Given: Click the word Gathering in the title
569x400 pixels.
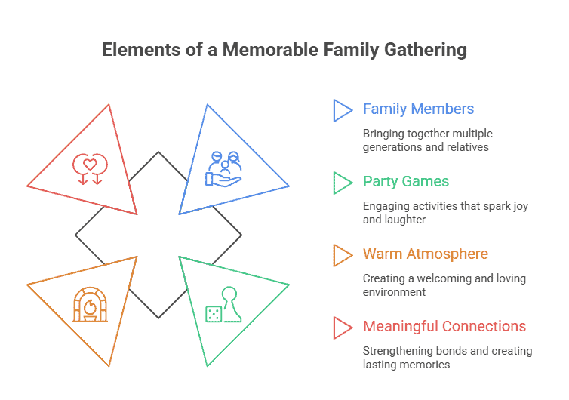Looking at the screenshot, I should click(x=426, y=51).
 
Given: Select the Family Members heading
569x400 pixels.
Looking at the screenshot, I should click(x=418, y=109).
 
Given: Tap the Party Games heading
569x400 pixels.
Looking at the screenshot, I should click(x=405, y=181).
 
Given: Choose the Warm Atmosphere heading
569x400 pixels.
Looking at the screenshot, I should click(x=425, y=254).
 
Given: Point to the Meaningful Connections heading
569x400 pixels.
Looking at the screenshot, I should click(x=444, y=326).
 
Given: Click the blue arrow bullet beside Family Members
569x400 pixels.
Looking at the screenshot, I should click(x=342, y=109).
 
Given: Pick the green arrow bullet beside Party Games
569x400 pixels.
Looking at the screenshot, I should click(x=342, y=182).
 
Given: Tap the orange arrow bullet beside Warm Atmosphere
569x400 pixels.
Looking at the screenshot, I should click(x=342, y=254).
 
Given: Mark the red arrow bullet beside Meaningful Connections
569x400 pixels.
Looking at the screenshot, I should click(x=342, y=327).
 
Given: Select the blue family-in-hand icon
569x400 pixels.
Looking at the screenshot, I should click(x=224, y=168).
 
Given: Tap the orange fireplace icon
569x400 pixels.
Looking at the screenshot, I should click(x=90, y=304).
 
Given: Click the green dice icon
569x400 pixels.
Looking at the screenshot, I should click(x=214, y=313).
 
